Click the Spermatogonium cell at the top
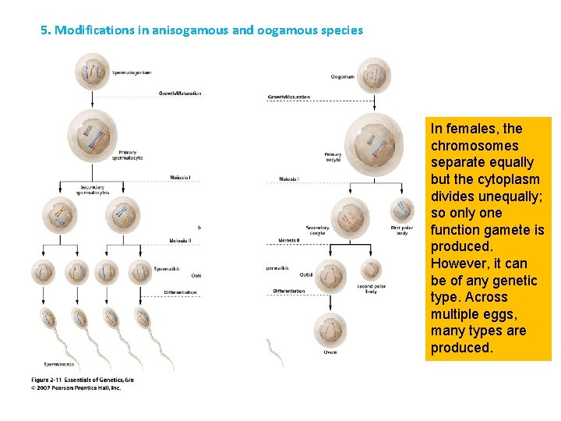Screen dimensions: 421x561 (92, 71)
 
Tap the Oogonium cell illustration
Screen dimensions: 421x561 (374, 76)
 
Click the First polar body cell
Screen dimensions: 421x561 (402, 210)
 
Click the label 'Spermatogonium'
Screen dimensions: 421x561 (132, 73)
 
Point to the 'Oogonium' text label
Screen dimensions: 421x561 (343, 76)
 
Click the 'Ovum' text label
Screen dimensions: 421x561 (331, 352)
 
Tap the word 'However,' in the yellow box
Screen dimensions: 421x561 (462, 264)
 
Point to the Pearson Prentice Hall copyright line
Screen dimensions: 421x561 (76, 387)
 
